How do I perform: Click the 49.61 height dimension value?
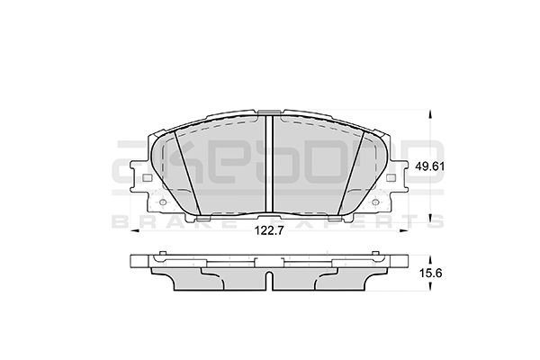coord(428,166)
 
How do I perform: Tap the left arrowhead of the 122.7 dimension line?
coord(138,231)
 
